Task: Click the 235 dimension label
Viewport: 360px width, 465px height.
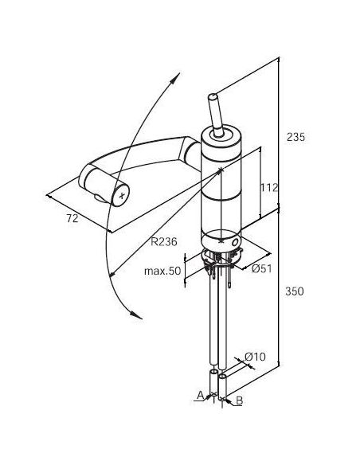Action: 295,137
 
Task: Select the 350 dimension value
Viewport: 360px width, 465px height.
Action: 295,291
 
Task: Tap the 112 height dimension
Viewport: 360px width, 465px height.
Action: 269,187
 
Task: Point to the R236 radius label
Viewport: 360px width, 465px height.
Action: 164,242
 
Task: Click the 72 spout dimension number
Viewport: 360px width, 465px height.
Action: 72,218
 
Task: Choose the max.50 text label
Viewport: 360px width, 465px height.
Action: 162,271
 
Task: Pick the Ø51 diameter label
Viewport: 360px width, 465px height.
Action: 261,268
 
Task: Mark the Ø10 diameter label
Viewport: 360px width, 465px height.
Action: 255,357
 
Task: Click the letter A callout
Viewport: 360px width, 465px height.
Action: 201,395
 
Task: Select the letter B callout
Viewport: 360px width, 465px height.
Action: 239,401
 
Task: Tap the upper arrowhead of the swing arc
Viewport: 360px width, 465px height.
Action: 175,78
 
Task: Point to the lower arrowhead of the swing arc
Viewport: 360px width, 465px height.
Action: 136,315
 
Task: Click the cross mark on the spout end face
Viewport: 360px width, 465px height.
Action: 122,195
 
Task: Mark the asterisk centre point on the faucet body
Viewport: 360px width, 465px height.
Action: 221,170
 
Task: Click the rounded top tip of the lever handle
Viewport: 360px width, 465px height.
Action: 213,97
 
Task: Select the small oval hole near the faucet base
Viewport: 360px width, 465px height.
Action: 234,242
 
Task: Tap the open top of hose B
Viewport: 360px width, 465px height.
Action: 222,377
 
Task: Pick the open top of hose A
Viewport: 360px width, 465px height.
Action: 213,372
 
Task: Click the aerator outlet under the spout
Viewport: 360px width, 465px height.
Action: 98,197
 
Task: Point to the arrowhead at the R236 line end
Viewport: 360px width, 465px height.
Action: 112,275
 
